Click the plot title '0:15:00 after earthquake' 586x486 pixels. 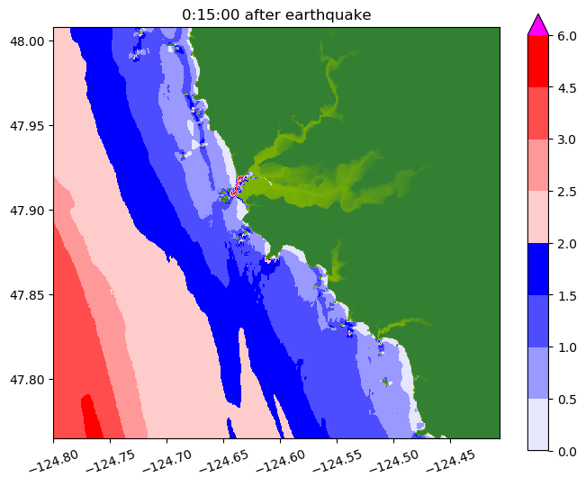[x=276, y=14]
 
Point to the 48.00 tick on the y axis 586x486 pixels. [x=28, y=40]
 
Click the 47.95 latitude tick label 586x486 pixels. [x=28, y=125]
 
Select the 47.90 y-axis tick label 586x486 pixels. [x=28, y=210]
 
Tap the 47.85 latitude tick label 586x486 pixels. [x=28, y=294]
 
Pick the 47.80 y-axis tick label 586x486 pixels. [x=28, y=379]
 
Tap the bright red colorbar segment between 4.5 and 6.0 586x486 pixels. [x=537, y=61]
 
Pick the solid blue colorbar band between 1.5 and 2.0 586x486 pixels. [x=537, y=268]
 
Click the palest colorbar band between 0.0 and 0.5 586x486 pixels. [x=537, y=424]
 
